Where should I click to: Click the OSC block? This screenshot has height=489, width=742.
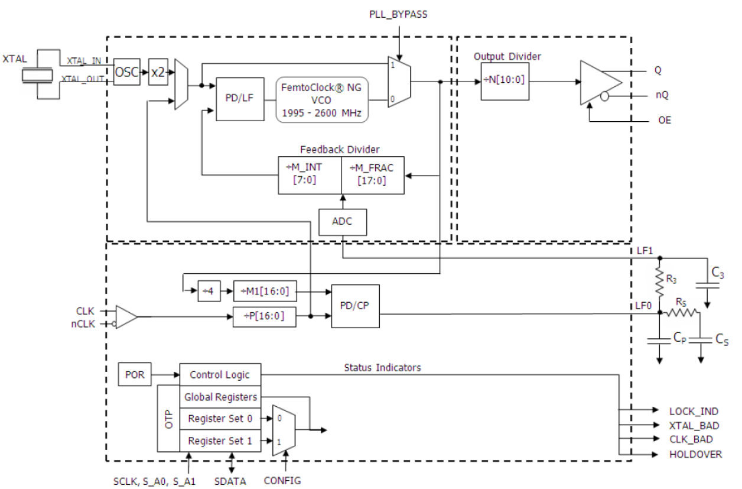tap(127, 72)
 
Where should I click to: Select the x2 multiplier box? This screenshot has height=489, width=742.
tap(158, 72)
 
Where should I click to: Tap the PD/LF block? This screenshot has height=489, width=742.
tap(240, 99)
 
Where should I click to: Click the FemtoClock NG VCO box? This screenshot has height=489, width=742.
tap(321, 99)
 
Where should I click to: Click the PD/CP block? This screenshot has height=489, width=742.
tap(356, 306)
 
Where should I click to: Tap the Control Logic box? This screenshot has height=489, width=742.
tap(220, 374)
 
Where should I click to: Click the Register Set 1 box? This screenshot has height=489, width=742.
tap(220, 441)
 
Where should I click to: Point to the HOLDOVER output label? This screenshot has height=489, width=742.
tap(695, 455)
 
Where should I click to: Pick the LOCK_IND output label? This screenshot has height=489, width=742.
tap(694, 411)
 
